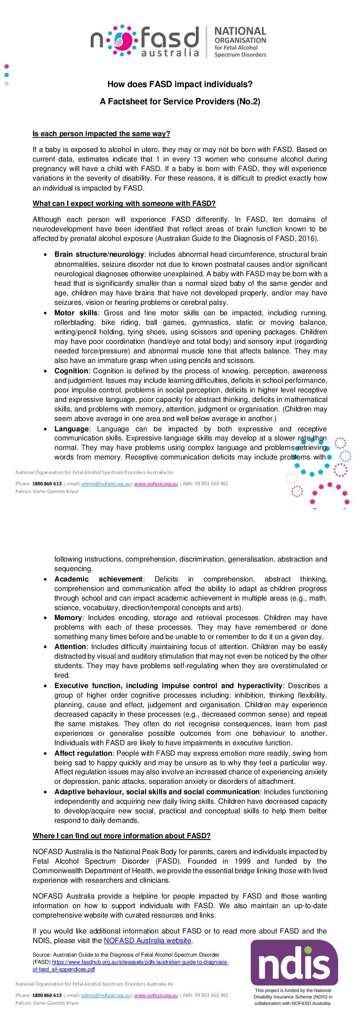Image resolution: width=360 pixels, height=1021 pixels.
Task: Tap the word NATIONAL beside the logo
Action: (240, 31)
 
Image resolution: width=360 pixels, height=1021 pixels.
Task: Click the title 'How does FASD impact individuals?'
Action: (180, 84)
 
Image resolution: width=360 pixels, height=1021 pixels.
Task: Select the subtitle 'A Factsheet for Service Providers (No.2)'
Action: (180, 102)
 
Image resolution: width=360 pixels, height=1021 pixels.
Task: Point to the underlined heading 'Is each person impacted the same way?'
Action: (101, 134)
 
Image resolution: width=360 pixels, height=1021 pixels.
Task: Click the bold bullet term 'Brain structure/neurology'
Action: (99, 254)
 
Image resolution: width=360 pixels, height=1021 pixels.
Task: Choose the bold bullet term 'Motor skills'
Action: (76, 313)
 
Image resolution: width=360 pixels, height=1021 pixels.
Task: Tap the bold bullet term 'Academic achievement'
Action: (98, 579)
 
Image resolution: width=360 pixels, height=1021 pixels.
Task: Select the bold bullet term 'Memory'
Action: (68, 618)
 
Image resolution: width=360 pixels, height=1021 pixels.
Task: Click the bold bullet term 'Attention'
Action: (70, 647)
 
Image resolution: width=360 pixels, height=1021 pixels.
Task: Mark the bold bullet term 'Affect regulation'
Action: (83, 753)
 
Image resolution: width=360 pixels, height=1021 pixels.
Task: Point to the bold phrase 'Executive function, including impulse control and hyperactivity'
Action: (168, 686)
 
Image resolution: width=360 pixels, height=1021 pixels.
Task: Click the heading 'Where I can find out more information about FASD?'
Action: (122, 836)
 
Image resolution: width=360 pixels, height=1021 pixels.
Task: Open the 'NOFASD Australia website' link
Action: (147, 941)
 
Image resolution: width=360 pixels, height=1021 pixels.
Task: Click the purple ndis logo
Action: (294, 962)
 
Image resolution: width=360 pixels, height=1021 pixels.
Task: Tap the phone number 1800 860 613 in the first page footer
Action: (47, 484)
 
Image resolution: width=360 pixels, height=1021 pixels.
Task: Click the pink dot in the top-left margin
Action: (6, 67)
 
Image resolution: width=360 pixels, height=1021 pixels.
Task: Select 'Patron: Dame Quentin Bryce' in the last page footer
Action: (47, 1003)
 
